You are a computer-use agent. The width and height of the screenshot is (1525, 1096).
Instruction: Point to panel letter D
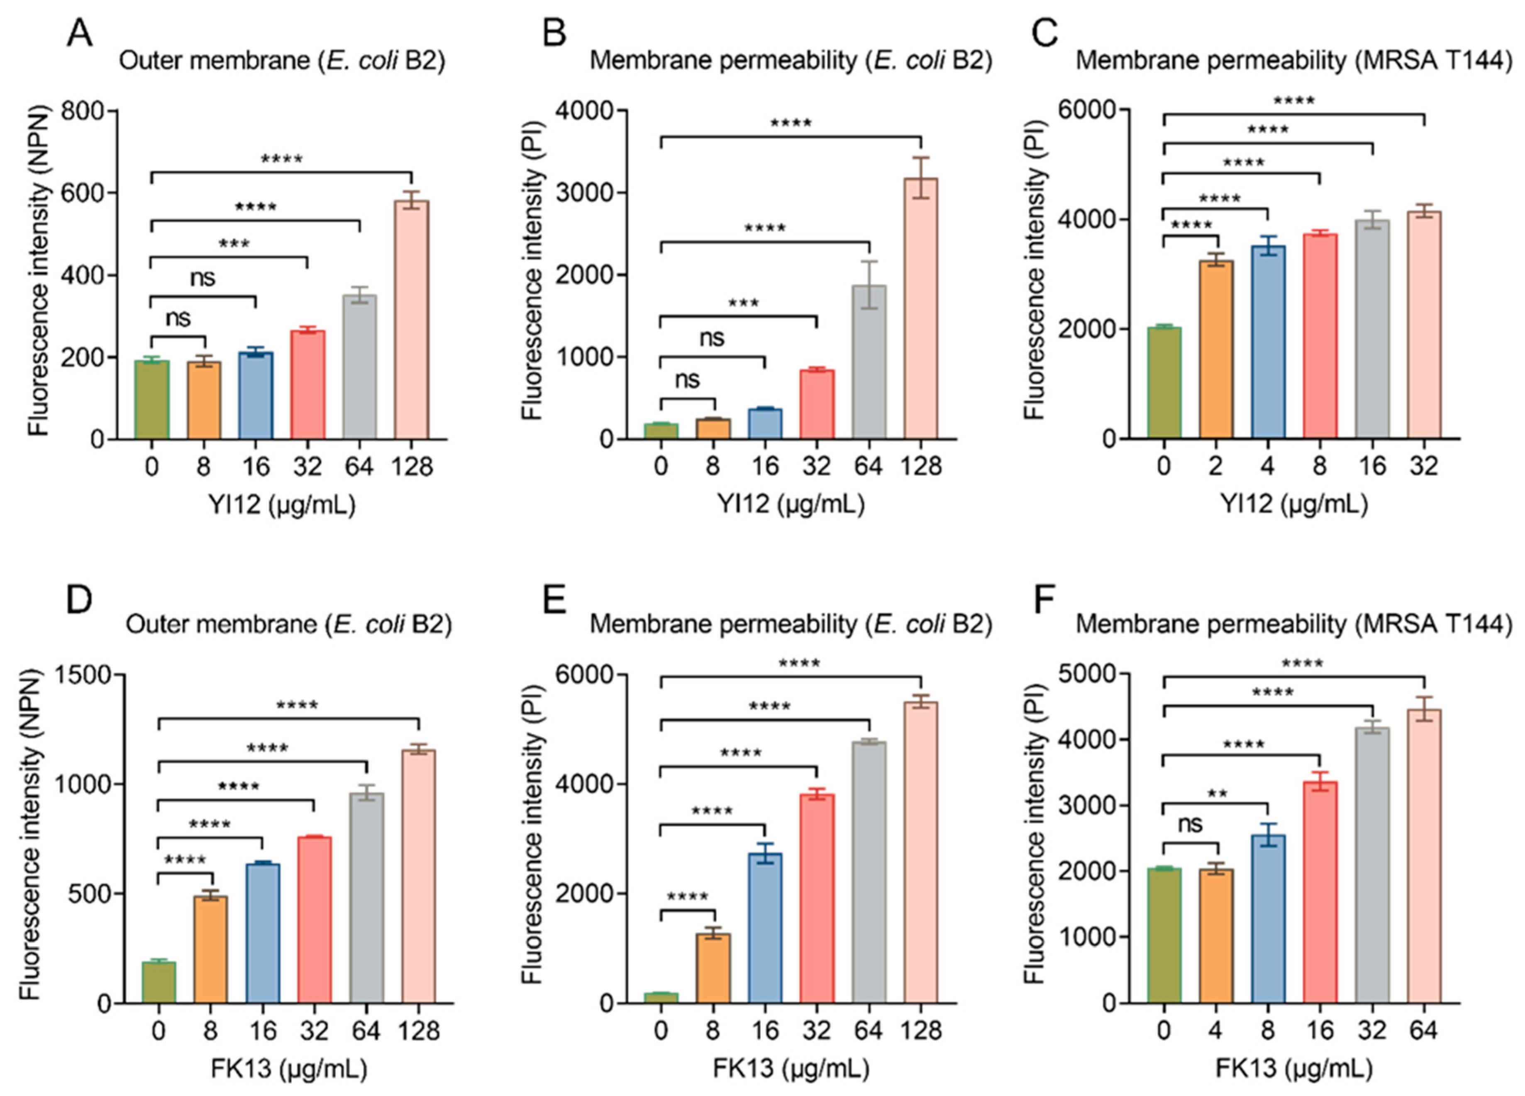point(79,598)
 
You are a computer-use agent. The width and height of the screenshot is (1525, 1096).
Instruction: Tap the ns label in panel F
point(1191,824)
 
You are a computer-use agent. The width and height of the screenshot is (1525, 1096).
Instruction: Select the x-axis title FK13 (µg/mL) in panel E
point(791,1068)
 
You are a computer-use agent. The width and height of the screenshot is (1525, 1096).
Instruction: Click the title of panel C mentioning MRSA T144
point(1294,61)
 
